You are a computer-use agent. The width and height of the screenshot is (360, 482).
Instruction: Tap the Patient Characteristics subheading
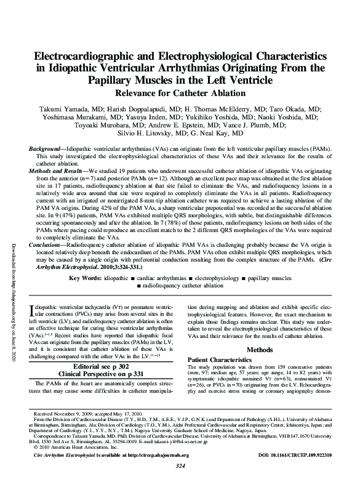coord(218,358)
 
